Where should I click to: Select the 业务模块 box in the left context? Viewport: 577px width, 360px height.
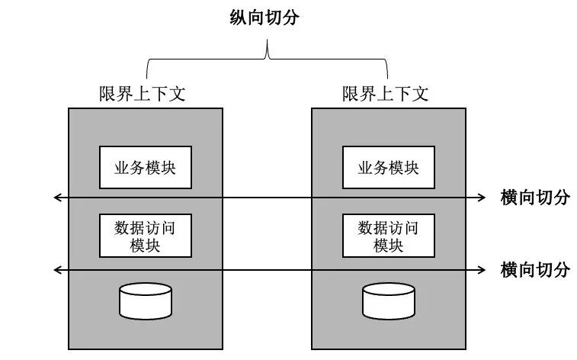[145, 167]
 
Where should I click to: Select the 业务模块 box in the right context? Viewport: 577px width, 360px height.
[388, 167]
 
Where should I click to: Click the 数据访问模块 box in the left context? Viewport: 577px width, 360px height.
[145, 236]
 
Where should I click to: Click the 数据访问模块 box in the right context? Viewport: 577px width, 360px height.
[388, 236]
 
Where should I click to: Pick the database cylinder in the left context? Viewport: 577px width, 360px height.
[146, 301]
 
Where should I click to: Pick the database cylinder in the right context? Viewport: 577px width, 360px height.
[389, 301]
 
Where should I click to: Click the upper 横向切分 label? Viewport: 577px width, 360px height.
[535, 198]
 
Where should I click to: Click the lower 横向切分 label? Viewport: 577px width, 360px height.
[535, 269]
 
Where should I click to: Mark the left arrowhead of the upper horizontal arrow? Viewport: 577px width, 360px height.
[56, 198]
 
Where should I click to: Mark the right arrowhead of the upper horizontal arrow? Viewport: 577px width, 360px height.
[482, 198]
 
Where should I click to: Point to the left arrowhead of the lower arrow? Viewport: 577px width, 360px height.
[56, 269]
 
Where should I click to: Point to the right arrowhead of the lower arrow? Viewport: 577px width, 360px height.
[482, 269]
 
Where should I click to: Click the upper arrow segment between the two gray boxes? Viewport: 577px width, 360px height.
[267, 198]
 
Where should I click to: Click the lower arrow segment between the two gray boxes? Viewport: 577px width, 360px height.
[267, 269]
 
